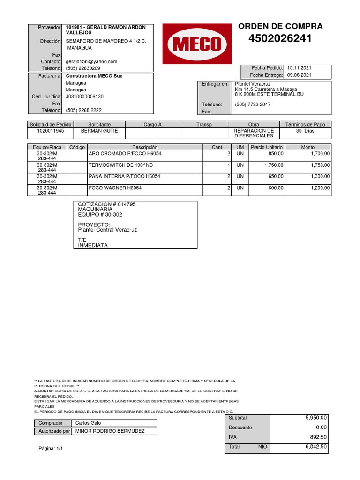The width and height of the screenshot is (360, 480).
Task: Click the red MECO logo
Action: tap(197, 44)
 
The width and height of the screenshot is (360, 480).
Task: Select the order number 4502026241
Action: tap(280, 39)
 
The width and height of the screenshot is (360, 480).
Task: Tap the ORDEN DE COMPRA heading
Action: tap(280, 26)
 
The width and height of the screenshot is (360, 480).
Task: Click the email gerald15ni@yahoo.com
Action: tap(91, 61)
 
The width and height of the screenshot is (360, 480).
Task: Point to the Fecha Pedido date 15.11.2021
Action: tap(299, 68)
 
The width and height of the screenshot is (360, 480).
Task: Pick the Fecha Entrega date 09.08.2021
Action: tap(299, 75)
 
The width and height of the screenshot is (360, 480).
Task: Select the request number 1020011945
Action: tap(51, 131)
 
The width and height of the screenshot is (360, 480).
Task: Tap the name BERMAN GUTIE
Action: tap(99, 131)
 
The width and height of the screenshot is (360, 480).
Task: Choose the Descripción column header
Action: tap(144, 147)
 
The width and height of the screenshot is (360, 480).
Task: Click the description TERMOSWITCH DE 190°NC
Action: tap(121, 165)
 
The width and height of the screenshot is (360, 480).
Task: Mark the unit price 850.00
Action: tap(276, 154)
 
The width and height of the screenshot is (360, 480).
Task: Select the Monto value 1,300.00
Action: tap(320, 177)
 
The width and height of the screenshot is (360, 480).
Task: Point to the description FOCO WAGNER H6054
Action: tap(115, 188)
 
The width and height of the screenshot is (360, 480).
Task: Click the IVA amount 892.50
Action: tap(318, 437)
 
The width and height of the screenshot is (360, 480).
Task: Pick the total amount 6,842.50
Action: tap(316, 447)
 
